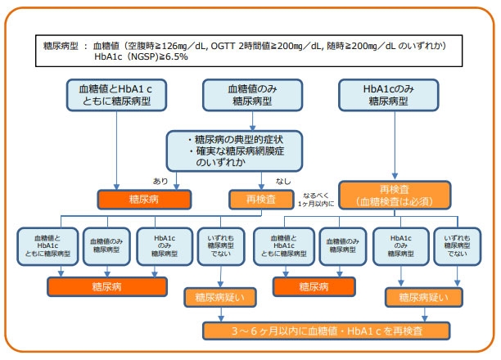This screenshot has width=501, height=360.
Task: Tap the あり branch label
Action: (160, 180)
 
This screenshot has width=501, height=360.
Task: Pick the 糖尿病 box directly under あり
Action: (145, 198)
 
